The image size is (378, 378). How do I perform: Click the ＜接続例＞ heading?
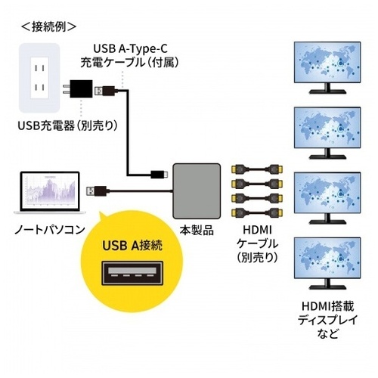[48, 26]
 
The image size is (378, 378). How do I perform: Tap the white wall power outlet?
[39, 78]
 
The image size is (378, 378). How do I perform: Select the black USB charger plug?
[78, 88]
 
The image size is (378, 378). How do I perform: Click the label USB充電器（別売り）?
[68, 125]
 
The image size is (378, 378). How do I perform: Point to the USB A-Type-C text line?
[130, 48]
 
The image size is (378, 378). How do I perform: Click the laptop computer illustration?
[50, 193]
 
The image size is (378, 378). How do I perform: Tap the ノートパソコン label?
[50, 230]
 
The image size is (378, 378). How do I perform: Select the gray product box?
[197, 191]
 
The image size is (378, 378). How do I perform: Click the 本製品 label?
[197, 231]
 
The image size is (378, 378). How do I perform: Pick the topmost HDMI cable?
[257, 169]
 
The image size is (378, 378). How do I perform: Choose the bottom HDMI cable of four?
[257, 212]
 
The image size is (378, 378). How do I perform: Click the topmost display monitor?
[327, 67]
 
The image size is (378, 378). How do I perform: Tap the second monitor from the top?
[327, 133]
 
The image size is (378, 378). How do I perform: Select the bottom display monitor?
[327, 263]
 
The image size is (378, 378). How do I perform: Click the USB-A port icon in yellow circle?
[132, 274]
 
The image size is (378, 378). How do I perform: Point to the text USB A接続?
[132, 245]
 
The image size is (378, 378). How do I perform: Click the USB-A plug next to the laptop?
[97, 192]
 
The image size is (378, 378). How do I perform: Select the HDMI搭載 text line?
[327, 306]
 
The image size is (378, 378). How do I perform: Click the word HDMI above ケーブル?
[257, 230]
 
